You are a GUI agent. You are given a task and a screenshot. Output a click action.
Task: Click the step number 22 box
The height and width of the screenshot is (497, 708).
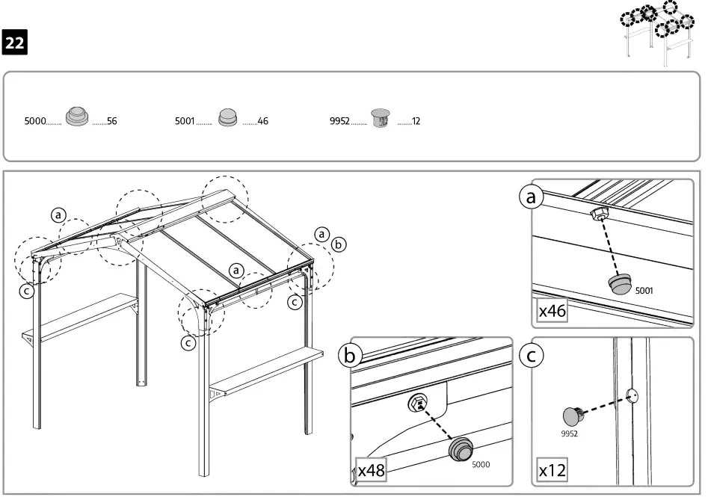[x=15, y=43]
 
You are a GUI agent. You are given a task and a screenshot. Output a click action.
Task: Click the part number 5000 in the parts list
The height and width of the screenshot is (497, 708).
[x=35, y=120]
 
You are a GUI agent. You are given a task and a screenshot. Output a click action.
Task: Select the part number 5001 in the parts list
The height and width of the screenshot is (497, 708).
[x=185, y=120]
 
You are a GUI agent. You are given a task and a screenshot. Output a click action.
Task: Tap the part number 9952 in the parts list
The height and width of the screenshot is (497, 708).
[x=340, y=120]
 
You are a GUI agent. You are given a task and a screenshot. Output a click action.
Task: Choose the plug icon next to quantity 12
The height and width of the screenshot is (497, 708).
[x=381, y=118]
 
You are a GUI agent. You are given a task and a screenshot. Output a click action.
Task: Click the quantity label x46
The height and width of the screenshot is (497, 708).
[x=552, y=311]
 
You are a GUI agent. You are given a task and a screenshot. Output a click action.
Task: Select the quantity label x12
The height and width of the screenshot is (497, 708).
[x=552, y=472]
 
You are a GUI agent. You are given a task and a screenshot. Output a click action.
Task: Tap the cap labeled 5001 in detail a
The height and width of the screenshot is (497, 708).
[x=620, y=283]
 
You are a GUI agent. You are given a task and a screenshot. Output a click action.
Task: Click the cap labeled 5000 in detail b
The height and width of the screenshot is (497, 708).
[x=461, y=451]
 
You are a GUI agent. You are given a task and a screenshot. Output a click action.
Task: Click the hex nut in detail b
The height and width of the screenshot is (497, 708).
[x=418, y=404]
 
